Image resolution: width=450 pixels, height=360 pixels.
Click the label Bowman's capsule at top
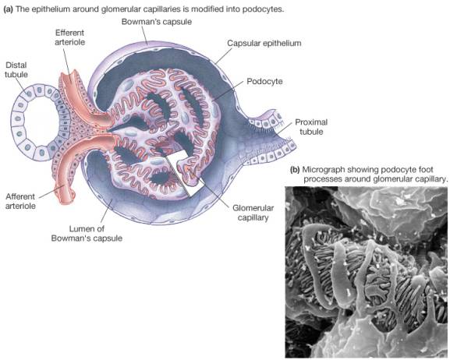tap(157, 22)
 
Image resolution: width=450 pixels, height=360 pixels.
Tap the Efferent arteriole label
tap(69, 37)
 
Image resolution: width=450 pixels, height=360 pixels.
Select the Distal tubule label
tap(16, 69)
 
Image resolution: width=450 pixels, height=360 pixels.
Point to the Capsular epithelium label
tap(264, 44)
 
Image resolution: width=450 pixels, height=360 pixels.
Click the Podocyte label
tap(264, 82)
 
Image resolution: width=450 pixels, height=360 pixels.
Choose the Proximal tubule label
tap(311, 127)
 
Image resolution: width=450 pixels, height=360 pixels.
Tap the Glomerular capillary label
tap(253, 213)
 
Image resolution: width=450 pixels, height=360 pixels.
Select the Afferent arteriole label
tap(20, 201)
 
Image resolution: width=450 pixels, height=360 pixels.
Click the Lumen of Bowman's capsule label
tap(87, 234)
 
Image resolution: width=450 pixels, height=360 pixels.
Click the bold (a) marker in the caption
tap(8, 9)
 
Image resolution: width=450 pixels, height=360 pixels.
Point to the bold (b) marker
tap(295, 170)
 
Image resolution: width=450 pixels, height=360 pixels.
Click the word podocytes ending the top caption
tap(263, 9)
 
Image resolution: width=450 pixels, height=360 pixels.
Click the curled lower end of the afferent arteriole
tap(69, 196)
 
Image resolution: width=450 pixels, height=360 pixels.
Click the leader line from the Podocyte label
tap(229, 90)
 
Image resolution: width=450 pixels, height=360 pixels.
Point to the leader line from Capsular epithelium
tap(223, 55)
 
